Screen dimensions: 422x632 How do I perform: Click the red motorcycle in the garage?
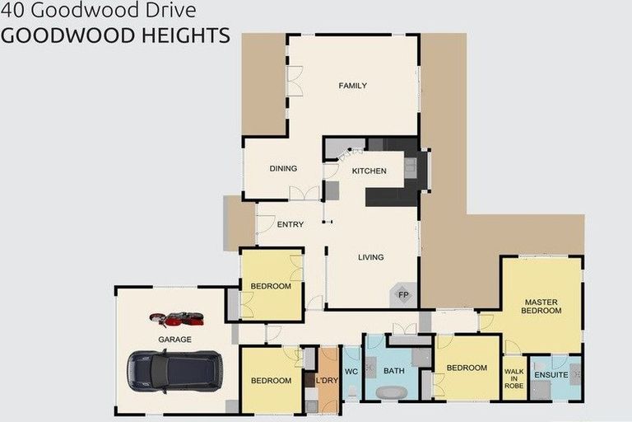tap(176, 318)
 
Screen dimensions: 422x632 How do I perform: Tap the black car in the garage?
tap(174, 370)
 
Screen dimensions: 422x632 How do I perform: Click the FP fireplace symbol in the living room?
tap(403, 295)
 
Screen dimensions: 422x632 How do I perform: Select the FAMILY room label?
tap(352, 86)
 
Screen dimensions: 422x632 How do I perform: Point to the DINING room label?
tap(283, 169)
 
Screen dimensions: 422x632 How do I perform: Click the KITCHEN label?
tap(369, 171)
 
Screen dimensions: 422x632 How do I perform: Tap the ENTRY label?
tap(290, 224)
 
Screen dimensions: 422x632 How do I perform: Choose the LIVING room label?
tap(371, 257)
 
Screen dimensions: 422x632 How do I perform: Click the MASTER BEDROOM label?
tap(541, 307)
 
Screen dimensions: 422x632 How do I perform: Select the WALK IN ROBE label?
tap(513, 379)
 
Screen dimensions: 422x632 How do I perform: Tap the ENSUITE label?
tap(551, 375)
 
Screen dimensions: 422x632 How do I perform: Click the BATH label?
tap(393, 371)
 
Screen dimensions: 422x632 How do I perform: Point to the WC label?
tap(351, 371)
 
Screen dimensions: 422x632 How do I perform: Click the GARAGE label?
tap(174, 339)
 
